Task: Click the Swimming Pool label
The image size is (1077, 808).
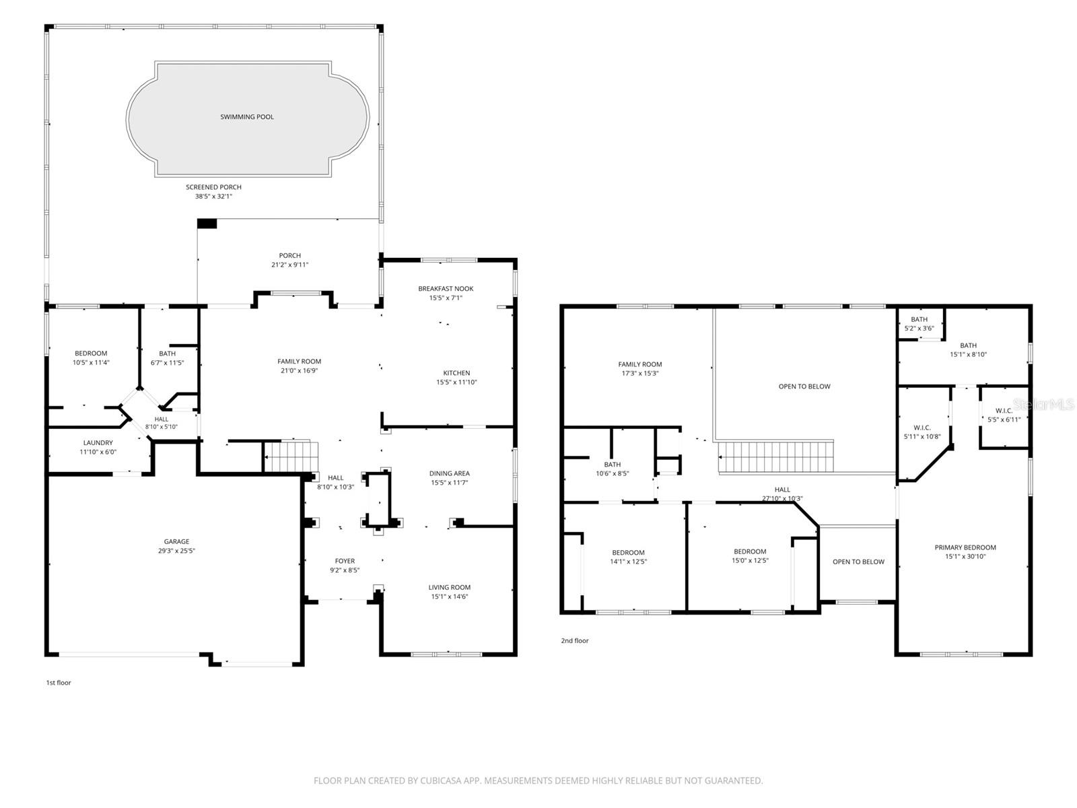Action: click(x=247, y=116)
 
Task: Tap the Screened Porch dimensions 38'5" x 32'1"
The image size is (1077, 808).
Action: click(x=213, y=196)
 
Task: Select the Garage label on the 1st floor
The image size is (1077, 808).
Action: click(x=176, y=541)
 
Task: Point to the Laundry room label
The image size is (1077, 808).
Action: click(x=98, y=442)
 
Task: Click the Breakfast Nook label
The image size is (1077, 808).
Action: click(x=446, y=288)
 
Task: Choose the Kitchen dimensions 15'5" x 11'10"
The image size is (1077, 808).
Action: click(x=456, y=382)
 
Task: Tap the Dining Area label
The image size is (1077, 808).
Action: click(x=450, y=473)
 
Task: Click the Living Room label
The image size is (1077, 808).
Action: click(x=450, y=587)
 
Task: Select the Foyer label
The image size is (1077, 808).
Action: click(x=345, y=561)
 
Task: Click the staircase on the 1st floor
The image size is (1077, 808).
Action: click(x=291, y=457)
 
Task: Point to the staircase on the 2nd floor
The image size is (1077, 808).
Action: click(x=775, y=457)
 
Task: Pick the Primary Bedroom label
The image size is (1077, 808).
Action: click(x=965, y=547)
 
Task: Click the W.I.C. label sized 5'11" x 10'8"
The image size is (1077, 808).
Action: click(x=922, y=428)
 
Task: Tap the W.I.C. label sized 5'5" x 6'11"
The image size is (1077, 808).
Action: click(x=1004, y=411)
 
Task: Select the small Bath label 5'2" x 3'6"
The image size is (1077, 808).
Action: click(x=919, y=319)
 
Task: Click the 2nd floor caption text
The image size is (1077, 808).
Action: click(x=575, y=641)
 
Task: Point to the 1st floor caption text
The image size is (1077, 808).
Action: click(x=59, y=682)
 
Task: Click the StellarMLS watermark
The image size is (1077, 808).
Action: click(x=1043, y=405)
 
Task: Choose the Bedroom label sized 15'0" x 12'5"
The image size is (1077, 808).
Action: click(x=750, y=551)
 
